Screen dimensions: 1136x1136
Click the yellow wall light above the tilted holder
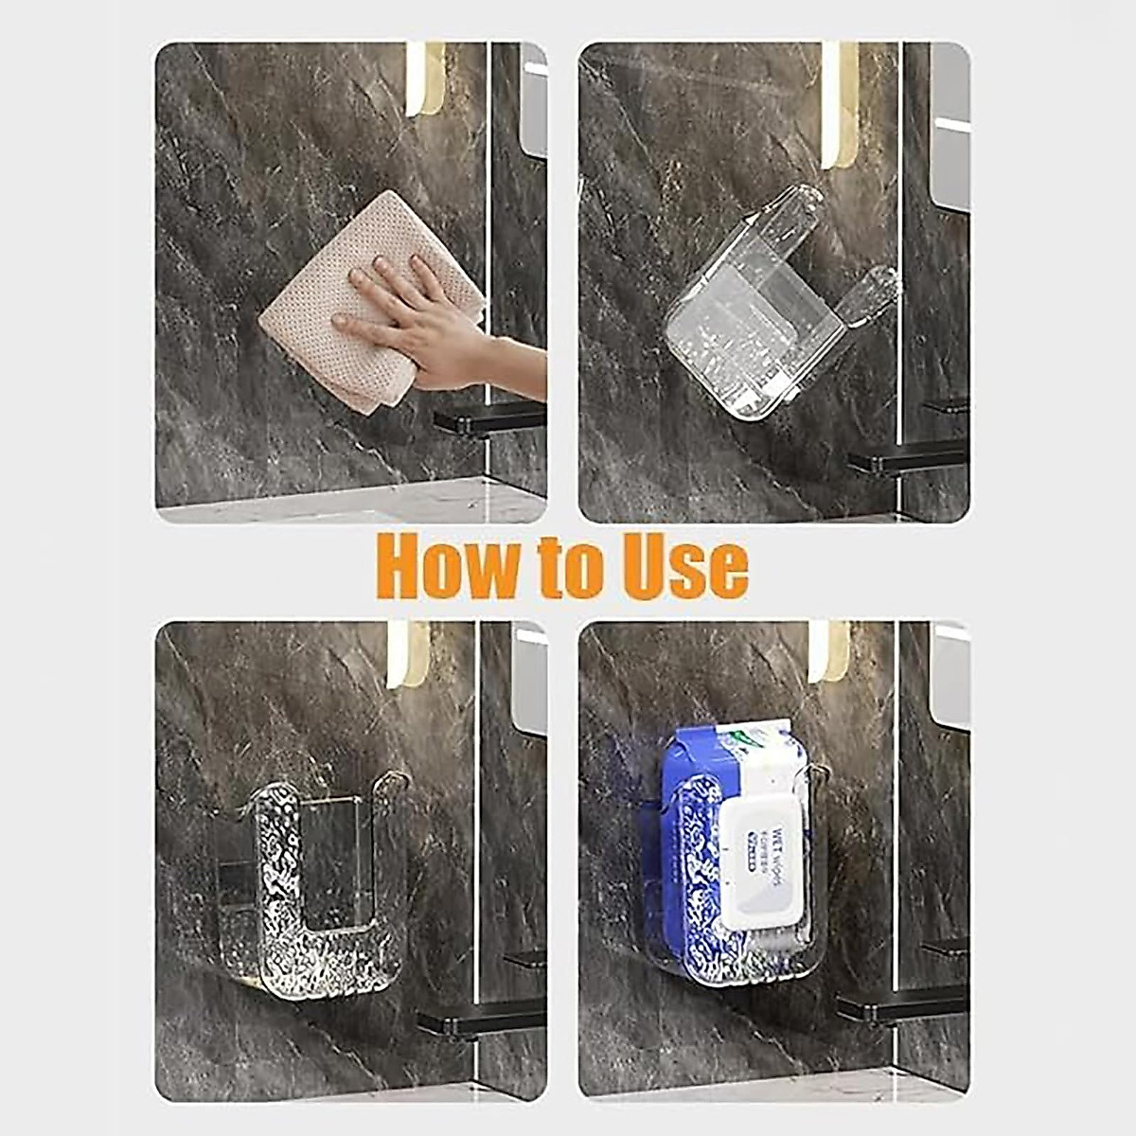tap(839, 104)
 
